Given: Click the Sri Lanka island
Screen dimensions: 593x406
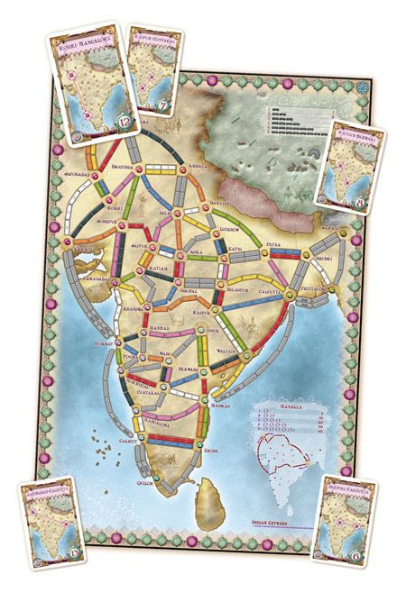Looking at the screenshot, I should [x=222, y=492].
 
